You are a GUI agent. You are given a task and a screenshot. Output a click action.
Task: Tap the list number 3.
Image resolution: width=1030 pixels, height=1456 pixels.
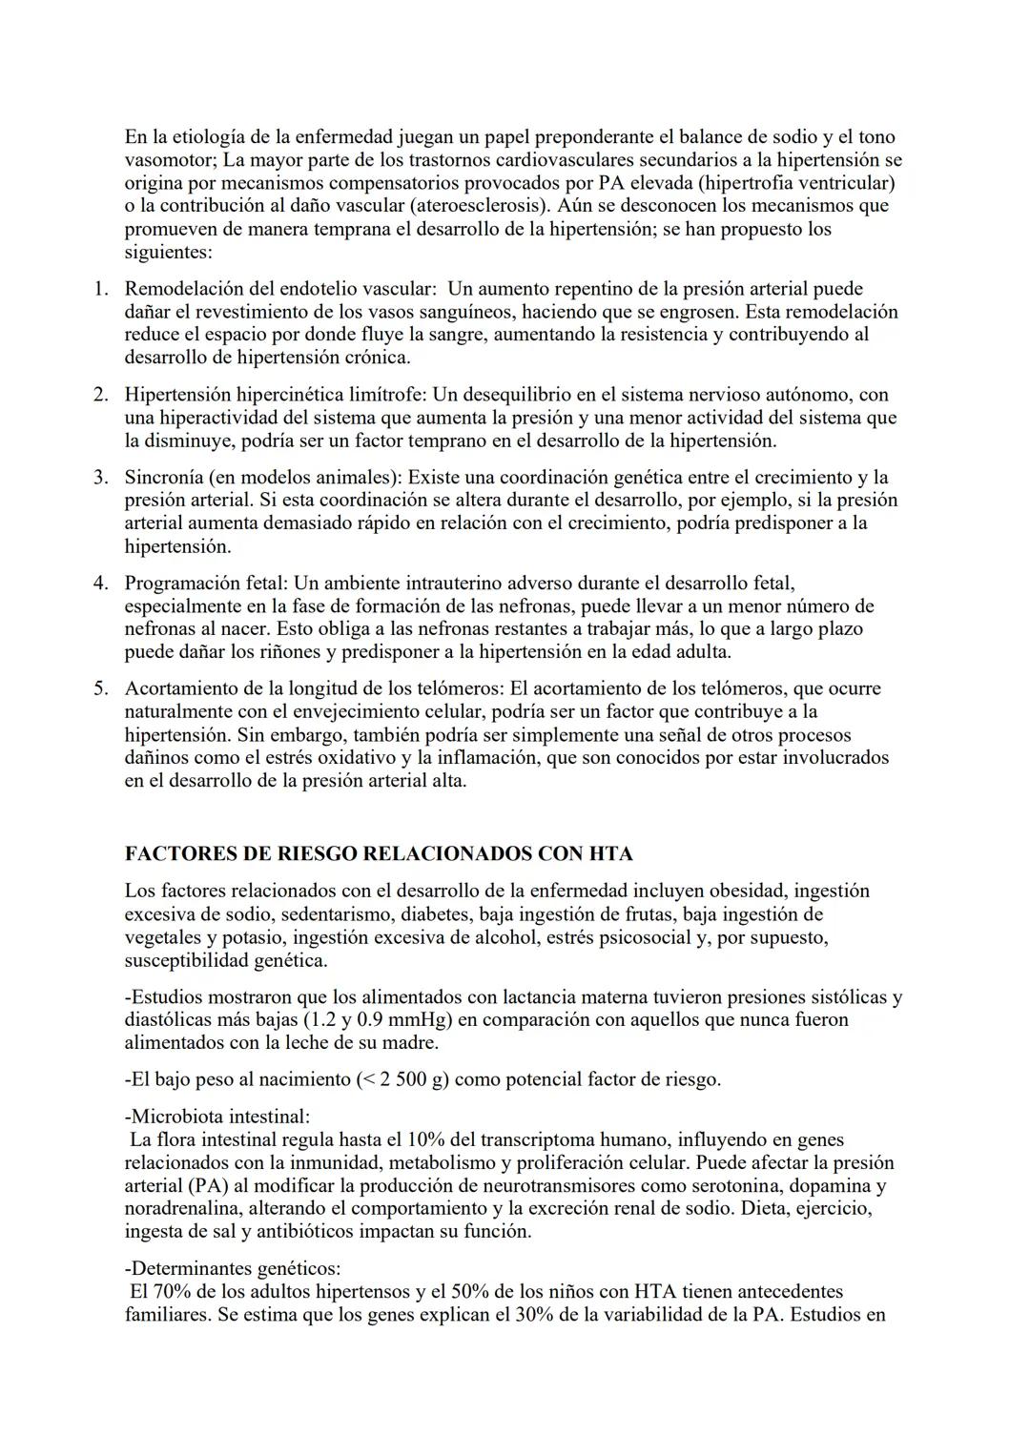[100, 477]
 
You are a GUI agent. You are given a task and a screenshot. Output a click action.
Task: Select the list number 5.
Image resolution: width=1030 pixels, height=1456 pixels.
[100, 688]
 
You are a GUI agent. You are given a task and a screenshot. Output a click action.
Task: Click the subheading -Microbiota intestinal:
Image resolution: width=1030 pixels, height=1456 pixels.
[216, 1116]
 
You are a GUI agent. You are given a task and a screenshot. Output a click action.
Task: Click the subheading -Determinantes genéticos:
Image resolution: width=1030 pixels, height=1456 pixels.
[232, 1269]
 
